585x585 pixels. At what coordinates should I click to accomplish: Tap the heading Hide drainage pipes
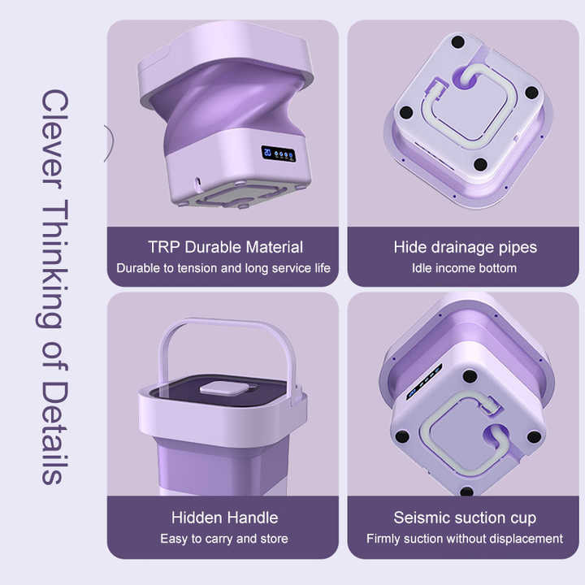[466, 248]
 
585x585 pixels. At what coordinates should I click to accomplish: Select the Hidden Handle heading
[224, 518]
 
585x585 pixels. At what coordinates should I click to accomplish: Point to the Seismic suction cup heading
[465, 518]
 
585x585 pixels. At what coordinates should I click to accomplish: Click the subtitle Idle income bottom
[464, 268]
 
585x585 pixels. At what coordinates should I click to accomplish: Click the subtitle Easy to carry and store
[224, 539]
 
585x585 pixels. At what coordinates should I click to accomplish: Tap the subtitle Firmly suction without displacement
[465, 539]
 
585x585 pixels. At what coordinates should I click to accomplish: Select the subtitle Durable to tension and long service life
[223, 268]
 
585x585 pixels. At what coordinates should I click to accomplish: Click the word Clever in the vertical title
[54, 139]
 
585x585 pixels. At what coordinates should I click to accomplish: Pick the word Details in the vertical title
[54, 433]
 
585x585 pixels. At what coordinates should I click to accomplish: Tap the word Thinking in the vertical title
[54, 264]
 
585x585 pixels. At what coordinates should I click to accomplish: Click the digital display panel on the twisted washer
[279, 154]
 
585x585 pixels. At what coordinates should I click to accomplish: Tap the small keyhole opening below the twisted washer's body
[197, 183]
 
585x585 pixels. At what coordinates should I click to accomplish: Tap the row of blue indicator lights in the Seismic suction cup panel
[425, 382]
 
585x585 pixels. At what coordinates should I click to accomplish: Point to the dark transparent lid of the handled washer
[220, 391]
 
